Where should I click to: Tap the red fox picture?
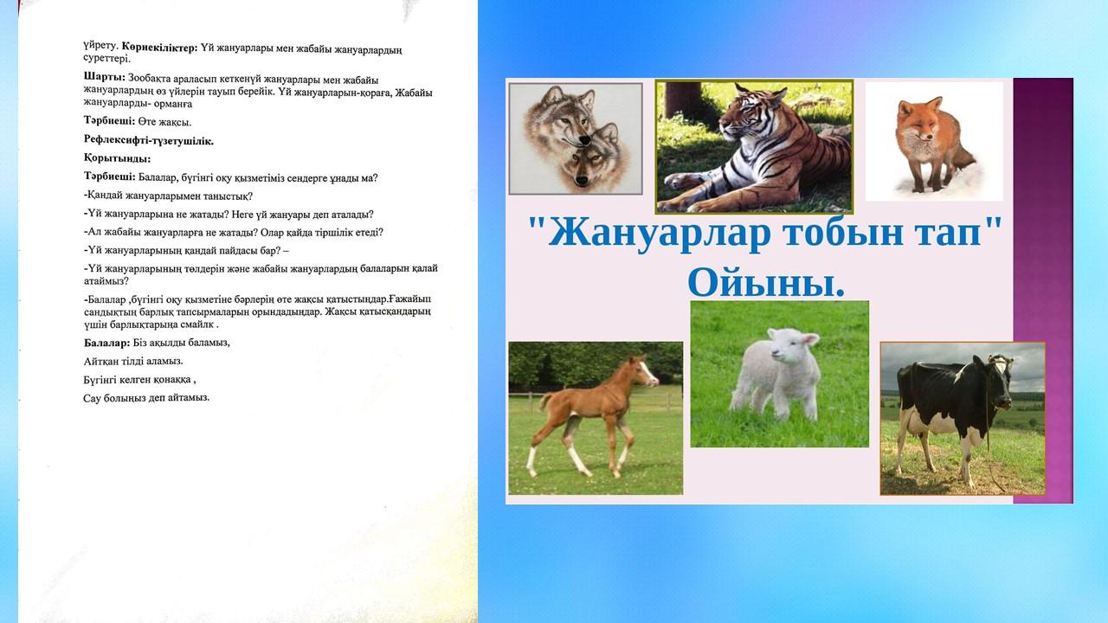pyautogui.click(x=934, y=141)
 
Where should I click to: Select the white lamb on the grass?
pyautogui.click(x=776, y=372)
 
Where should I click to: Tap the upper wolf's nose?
pyautogui.click(x=585, y=140)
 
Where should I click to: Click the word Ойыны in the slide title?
pyautogui.click(x=766, y=282)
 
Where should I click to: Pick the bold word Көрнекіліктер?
pyautogui.click(x=160, y=47)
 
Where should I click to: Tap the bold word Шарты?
pyautogui.click(x=105, y=77)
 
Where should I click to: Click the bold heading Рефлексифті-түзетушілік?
pyautogui.click(x=148, y=140)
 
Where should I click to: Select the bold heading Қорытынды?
pyautogui.click(x=117, y=158)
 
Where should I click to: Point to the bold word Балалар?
pyautogui.click(x=106, y=343)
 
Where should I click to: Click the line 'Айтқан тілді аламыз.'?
pyautogui.click(x=133, y=362)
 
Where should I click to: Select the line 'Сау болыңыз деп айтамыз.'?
pyautogui.click(x=146, y=397)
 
